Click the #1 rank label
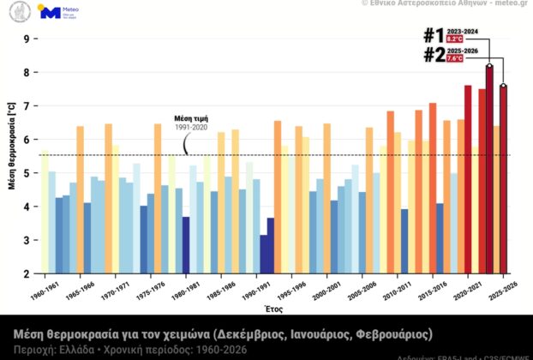[434, 35]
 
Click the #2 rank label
[434, 55]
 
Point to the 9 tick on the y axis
[27, 39]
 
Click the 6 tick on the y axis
[27, 140]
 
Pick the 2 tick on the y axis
[27, 274]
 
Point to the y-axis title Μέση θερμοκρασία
[11, 157]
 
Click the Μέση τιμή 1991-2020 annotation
[191, 122]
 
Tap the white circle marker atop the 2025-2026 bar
[504, 86]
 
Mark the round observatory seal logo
[20, 12]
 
